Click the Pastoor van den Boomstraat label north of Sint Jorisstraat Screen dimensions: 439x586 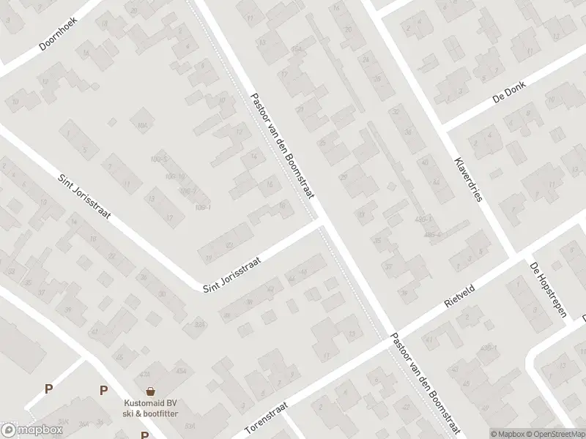point(282,146)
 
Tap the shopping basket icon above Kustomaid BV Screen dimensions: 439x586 point(150,391)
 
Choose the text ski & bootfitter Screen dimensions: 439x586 point(150,413)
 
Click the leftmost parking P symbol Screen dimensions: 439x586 point(49,389)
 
